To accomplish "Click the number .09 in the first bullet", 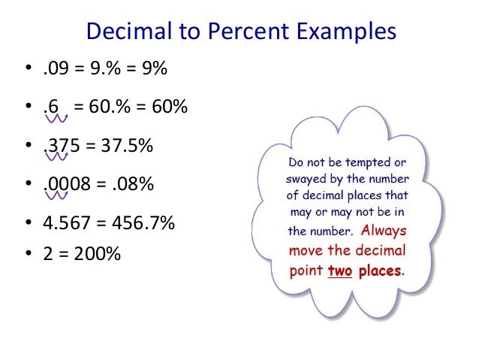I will point(56,70).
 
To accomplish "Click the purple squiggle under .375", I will point(59,156).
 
